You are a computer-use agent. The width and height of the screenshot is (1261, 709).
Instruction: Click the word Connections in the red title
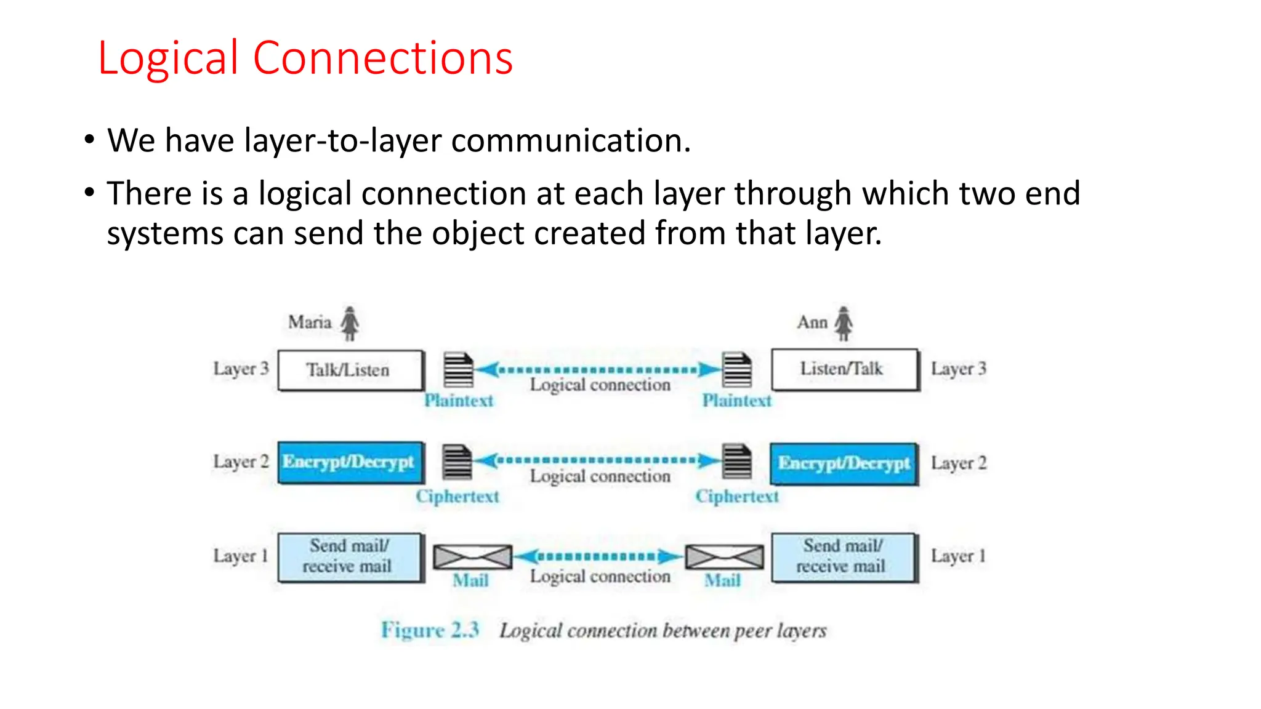(x=383, y=58)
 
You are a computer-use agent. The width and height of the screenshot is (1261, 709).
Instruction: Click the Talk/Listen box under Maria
(x=350, y=370)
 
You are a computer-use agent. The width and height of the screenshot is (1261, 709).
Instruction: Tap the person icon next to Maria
(x=350, y=323)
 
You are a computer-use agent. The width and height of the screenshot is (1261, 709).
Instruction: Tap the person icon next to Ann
(x=844, y=323)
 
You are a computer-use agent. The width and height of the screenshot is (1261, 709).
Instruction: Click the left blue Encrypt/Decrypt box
(x=350, y=462)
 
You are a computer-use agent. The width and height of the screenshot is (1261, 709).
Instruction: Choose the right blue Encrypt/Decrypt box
(x=844, y=463)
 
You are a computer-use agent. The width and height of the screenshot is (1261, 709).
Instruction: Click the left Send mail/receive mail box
(x=350, y=556)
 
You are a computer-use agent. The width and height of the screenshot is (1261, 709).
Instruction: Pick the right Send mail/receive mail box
(x=844, y=556)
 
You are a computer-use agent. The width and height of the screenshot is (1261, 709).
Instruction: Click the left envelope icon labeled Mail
(x=472, y=557)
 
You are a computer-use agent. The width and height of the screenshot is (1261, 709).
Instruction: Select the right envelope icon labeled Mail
(x=724, y=557)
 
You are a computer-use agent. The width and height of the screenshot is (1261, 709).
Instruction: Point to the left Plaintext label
(x=459, y=401)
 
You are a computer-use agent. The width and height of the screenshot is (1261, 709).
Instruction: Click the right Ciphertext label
(x=737, y=496)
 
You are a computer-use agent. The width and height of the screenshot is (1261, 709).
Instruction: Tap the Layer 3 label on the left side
(x=241, y=369)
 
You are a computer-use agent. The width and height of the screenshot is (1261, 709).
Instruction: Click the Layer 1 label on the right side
(x=958, y=556)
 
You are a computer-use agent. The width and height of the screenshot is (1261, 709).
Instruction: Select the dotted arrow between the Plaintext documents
(x=598, y=370)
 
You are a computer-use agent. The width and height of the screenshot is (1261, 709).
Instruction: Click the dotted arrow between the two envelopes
(x=598, y=556)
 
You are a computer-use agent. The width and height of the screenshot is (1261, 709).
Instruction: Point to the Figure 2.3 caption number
(x=430, y=630)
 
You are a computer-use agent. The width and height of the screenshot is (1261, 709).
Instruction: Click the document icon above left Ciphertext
(x=457, y=462)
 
